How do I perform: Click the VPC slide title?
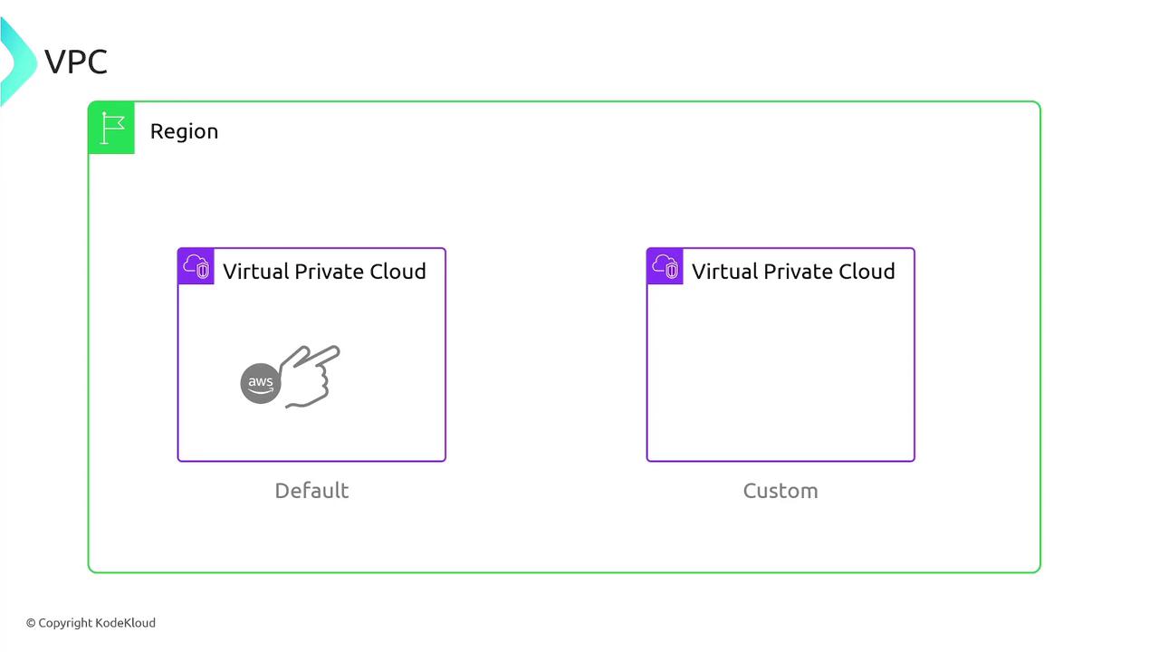[76, 62]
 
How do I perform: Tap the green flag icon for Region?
[112, 129]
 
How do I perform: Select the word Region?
[184, 131]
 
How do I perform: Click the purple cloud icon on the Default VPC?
[196, 266]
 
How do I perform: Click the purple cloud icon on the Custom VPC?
[666, 266]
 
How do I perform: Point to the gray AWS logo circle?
[260, 383]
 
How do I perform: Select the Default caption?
[311, 491]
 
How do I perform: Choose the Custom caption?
[781, 491]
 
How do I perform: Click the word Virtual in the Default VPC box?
[257, 272]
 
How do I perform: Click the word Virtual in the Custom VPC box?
[726, 272]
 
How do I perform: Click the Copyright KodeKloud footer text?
[91, 623]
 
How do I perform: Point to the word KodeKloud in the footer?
[126, 623]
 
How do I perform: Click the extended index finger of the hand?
[321, 354]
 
